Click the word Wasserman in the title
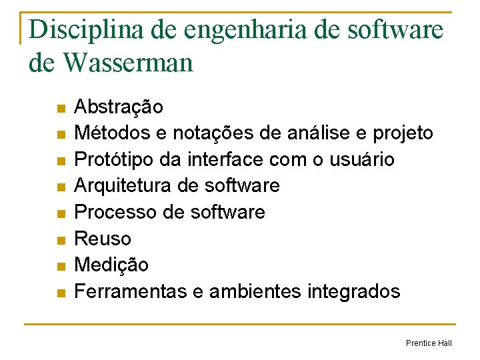click(128, 63)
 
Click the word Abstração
click(118, 107)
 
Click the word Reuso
click(103, 239)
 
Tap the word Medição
click(111, 265)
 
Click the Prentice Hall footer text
click(429, 343)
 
